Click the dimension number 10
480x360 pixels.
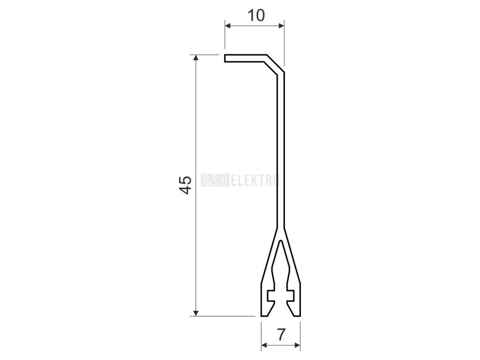click(256, 15)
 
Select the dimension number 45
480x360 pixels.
click(185, 185)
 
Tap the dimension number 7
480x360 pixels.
click(281, 334)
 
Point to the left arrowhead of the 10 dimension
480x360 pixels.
click(228, 26)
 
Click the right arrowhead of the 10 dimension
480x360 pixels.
click(281, 26)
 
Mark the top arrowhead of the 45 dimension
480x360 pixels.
click(196, 58)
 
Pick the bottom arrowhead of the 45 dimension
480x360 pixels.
click(196, 313)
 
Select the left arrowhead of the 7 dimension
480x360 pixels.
click(264, 345)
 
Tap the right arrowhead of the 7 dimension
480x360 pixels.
click(297, 345)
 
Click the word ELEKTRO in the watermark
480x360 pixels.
click(255, 180)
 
